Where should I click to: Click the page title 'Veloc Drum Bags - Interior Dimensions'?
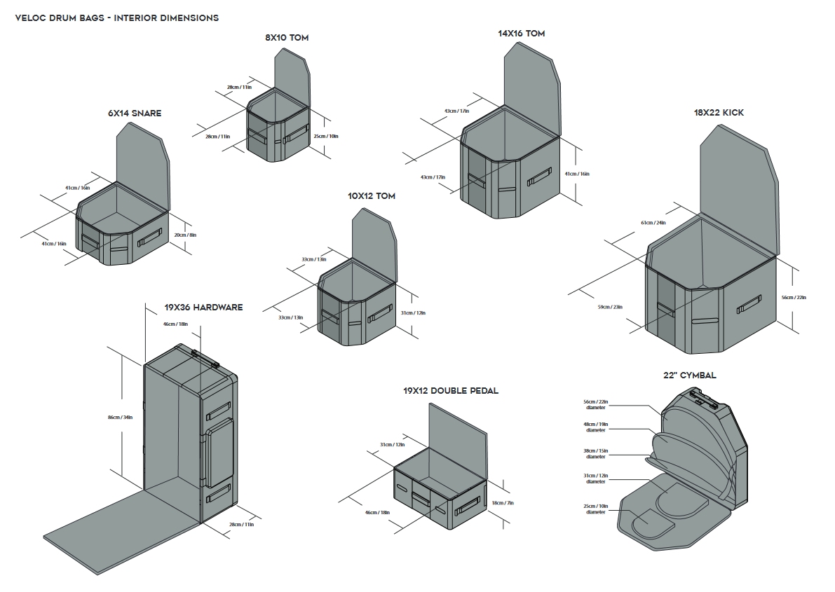click(x=116, y=18)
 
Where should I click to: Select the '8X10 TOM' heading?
click(x=287, y=37)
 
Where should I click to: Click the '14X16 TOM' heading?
click(x=521, y=33)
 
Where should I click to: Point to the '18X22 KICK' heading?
click(x=719, y=112)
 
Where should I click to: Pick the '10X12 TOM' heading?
click(x=371, y=195)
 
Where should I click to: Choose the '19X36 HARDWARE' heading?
click(x=203, y=307)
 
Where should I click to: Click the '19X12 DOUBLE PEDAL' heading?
click(x=450, y=390)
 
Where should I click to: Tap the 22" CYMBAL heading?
click(x=689, y=375)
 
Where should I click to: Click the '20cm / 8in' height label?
click(x=185, y=235)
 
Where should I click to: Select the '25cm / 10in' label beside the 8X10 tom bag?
click(x=325, y=136)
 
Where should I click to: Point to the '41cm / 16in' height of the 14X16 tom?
click(x=577, y=174)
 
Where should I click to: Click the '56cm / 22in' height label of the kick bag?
click(x=794, y=297)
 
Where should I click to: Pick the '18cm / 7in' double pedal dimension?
click(x=503, y=502)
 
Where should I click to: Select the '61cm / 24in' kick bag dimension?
click(x=653, y=222)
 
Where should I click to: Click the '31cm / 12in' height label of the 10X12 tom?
click(x=413, y=312)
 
